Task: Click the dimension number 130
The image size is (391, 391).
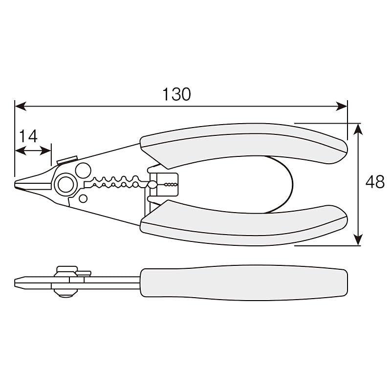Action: click(176, 94)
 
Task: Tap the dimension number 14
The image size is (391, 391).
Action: click(28, 136)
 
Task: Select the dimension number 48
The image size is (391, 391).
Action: click(375, 182)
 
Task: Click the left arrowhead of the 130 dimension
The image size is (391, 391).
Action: click(21, 106)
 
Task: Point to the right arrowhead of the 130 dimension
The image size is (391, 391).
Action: click(342, 106)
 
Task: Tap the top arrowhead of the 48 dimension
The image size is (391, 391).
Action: click(358, 129)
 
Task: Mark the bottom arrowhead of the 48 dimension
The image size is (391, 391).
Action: click(358, 239)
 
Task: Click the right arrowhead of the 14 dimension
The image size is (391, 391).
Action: click(45, 151)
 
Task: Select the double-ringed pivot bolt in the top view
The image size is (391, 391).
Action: click(65, 185)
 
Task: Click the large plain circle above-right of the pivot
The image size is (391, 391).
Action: click(83, 171)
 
